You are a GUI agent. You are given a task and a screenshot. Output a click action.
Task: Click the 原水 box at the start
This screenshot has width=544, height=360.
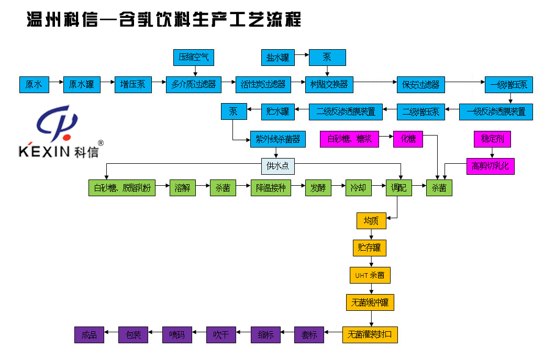pos(34,84)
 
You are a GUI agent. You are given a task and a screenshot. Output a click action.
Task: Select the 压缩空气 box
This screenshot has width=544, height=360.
pos(193,58)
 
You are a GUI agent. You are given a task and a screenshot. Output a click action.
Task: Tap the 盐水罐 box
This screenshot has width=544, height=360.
pos(277,58)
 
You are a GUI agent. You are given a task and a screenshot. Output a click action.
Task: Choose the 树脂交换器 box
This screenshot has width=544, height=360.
pos(329,84)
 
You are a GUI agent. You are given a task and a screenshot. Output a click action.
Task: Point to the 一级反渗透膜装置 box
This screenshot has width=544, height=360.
pos(495,111)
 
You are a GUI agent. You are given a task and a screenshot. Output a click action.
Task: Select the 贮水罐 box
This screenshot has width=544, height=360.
pos(277,111)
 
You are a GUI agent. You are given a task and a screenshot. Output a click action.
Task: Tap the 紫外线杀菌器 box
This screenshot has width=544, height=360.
pos(277,139)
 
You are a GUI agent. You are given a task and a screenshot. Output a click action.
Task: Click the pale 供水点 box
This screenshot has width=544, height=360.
pos(277,166)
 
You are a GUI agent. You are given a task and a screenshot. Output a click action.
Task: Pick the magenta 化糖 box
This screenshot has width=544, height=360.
pos(408,139)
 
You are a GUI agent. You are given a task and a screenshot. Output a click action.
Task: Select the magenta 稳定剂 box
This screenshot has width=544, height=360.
pos(492,139)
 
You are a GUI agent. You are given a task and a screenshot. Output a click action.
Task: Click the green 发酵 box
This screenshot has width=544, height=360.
pos(318,188)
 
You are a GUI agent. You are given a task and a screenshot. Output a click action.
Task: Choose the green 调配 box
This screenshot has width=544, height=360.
pos(398,188)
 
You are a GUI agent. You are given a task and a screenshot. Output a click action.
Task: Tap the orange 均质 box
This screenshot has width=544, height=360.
pos(371,221)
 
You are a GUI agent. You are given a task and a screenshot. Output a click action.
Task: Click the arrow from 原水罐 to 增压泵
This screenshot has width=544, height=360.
pos(107,84)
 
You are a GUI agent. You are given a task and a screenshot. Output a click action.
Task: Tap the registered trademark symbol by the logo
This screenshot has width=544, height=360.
pos(101,143)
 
